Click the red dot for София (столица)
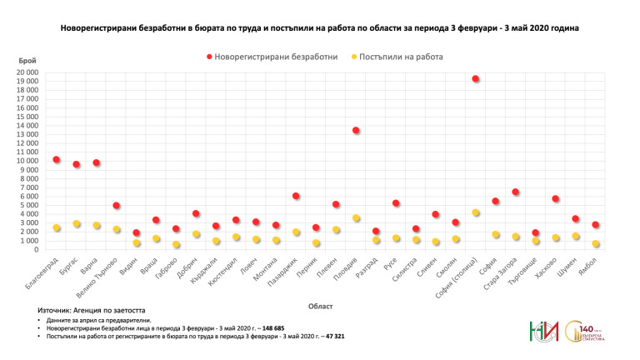475,79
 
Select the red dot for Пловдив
356,131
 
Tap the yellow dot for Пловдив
356,218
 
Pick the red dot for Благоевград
56,159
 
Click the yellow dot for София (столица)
475,213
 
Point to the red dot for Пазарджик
296,196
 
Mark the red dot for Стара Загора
515,192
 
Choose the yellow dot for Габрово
176,245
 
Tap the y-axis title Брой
27,61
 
